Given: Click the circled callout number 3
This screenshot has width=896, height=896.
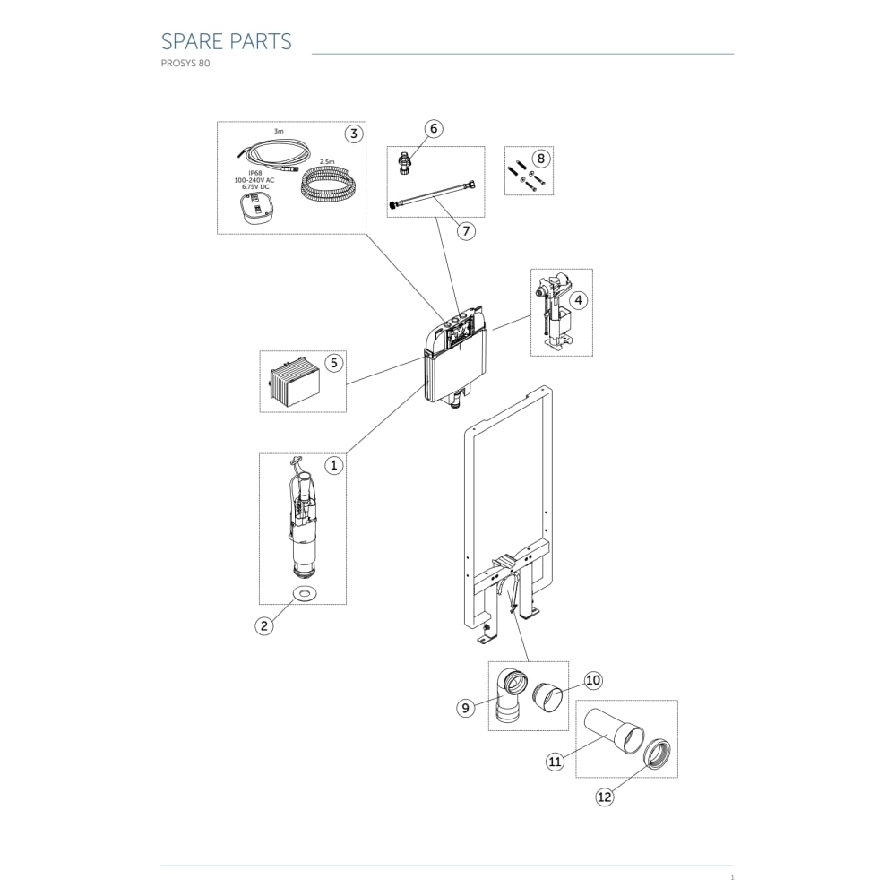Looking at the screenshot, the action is (354, 134).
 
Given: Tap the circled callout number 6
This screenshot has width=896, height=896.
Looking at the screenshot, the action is (434, 128).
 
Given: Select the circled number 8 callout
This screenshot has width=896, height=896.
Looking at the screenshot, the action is (541, 159).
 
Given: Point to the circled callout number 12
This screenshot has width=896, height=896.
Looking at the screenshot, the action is (604, 797).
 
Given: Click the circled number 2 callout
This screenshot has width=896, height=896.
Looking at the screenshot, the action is (264, 625).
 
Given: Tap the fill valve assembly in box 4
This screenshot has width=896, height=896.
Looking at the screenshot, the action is (555, 312).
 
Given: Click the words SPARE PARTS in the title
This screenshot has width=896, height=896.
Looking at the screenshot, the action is (227, 42).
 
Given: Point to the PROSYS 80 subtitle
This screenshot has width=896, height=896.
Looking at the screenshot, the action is (185, 64).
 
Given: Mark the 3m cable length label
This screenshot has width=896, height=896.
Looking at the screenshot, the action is (279, 132).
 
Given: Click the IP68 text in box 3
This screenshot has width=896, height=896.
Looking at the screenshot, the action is (254, 173).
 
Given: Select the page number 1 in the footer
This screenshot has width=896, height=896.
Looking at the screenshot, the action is (732, 878).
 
